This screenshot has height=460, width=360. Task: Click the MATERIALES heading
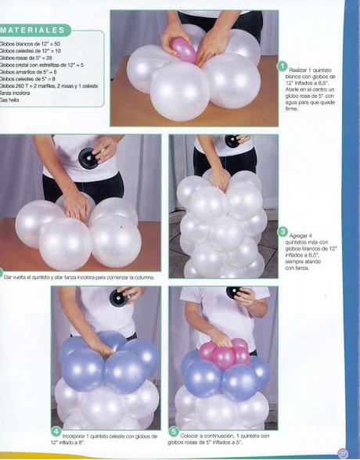[34, 31]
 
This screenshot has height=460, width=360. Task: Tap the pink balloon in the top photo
[185, 49]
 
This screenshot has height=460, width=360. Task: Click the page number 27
[342, 451]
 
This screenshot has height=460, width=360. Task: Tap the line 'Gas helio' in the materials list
[10, 100]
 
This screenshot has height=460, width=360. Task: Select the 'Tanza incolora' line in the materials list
[16, 93]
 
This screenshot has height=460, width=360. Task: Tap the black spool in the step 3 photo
[232, 142]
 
